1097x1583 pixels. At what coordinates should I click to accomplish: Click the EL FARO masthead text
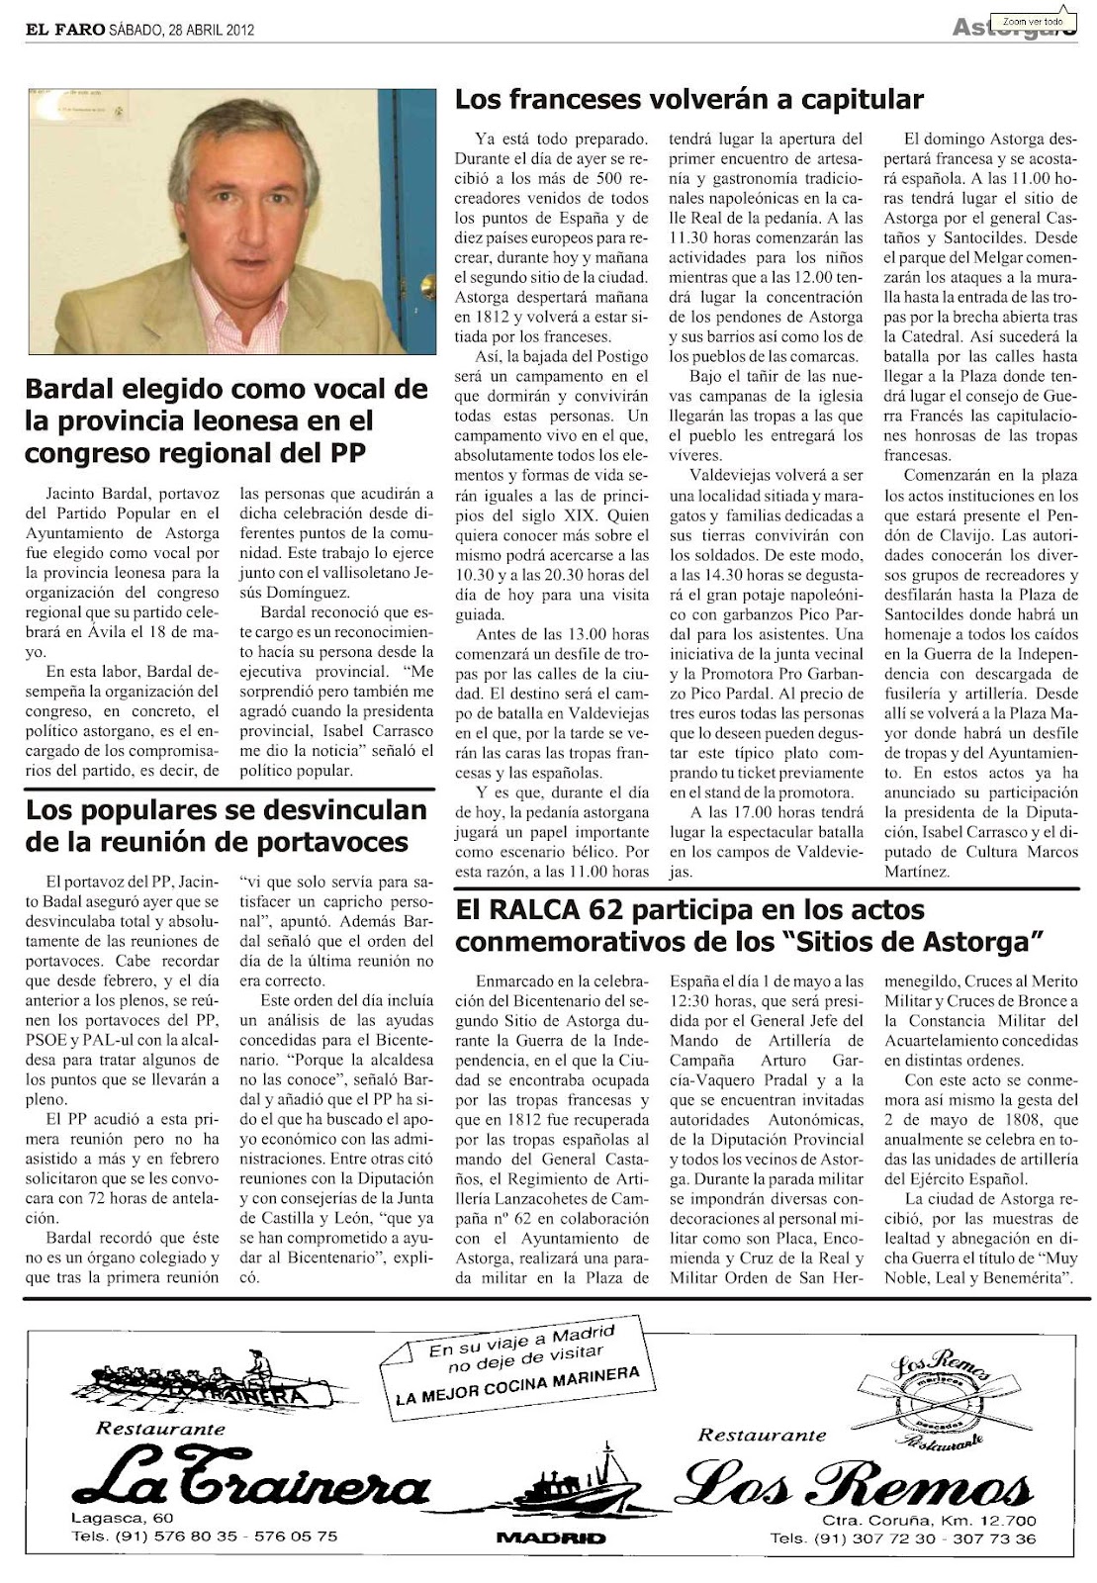[x=64, y=30]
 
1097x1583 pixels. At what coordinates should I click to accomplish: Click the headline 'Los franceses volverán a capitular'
[x=688, y=100]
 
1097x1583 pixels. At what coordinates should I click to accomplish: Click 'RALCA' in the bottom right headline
[x=536, y=909]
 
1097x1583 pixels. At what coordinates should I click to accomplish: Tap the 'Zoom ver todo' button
[x=1032, y=21]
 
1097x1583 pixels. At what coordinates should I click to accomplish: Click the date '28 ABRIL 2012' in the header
[x=212, y=31]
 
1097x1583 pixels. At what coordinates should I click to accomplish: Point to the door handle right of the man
[x=427, y=287]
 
